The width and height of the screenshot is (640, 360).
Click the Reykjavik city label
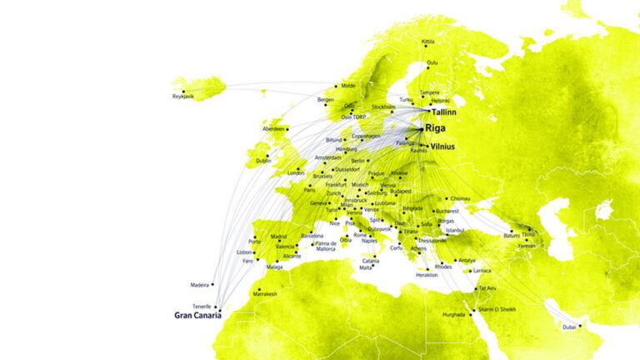(182, 97)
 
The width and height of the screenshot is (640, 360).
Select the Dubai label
(568, 327)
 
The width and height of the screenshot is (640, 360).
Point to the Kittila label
(428, 41)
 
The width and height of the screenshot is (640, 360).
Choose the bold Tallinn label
(444, 111)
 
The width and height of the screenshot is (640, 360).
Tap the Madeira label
(200, 284)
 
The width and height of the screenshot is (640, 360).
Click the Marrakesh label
(265, 294)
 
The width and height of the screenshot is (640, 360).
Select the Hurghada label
(454, 315)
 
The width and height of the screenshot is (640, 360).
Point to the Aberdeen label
(273, 129)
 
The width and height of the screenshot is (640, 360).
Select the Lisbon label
(244, 252)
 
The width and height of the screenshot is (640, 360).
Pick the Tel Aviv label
(486, 288)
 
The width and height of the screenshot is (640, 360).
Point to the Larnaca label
(482, 271)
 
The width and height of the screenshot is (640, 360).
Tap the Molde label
(347, 85)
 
